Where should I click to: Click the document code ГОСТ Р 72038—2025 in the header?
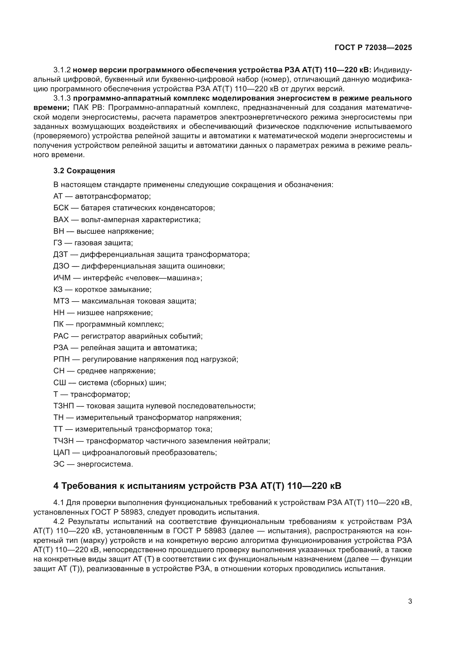pos(373,48)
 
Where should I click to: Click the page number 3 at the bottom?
pos(410,601)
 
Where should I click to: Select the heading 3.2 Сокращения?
pos(84,171)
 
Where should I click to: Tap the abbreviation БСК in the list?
pos(61,208)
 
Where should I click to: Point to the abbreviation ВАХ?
pos(61,220)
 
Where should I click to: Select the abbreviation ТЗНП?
pos(64,406)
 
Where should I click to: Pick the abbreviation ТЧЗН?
pos(64,441)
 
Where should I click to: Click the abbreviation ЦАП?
pos(62,452)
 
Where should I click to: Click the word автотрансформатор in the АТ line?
pos(112,196)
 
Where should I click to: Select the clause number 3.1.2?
pos(62,70)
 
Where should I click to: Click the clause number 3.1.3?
pos(62,98)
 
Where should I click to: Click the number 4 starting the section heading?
pos(56,486)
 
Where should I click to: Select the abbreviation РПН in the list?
pos(62,359)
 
